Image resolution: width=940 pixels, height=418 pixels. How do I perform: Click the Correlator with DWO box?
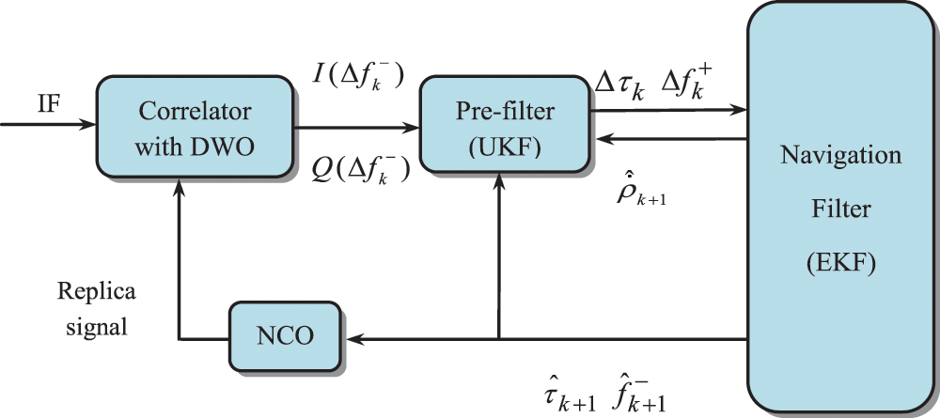pyautogui.click(x=195, y=127)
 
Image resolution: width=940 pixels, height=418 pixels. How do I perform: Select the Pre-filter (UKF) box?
pyautogui.click(x=504, y=125)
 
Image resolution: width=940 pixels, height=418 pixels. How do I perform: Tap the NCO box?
pyautogui.click(x=285, y=335)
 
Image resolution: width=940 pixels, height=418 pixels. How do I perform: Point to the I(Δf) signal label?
pyautogui.click(x=359, y=79)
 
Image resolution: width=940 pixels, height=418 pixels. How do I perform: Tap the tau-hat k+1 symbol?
pyautogui.click(x=568, y=396)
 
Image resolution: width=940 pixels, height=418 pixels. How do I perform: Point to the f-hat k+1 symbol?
pyautogui.click(x=639, y=395)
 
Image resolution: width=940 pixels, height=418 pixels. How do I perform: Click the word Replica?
pyautogui.click(x=97, y=293)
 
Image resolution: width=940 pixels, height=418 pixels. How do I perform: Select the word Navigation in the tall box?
pyautogui.click(x=841, y=155)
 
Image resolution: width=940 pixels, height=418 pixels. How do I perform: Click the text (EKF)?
pyautogui.click(x=841, y=264)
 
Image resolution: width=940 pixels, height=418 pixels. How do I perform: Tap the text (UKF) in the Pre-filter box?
pyautogui.click(x=505, y=147)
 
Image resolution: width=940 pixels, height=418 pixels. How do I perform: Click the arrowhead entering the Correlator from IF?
pyautogui.click(x=88, y=125)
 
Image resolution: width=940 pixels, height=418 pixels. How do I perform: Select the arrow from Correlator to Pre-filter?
pyautogui.click(x=356, y=127)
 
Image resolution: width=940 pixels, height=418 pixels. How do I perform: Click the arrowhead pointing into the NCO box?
pyautogui.click(x=350, y=339)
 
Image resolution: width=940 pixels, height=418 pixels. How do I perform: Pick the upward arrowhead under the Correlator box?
pyautogui.click(x=178, y=186)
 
